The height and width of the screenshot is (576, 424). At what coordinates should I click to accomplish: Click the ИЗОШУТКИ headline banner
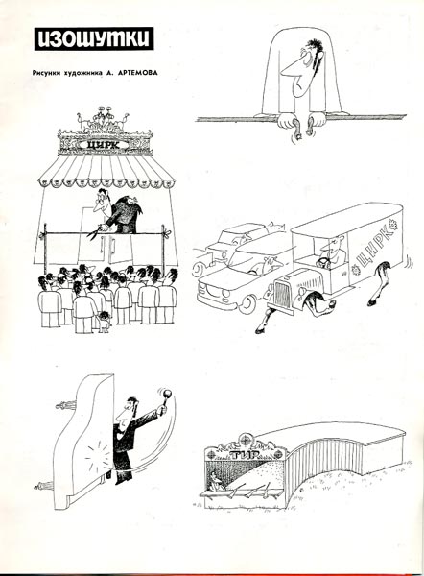(94, 38)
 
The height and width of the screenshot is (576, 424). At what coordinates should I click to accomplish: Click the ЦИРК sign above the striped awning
(104, 145)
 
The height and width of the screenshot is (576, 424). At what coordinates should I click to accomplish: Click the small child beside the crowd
(104, 321)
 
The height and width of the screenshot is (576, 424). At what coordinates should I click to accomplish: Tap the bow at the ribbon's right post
(167, 231)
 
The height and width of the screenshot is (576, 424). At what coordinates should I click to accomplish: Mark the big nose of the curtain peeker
(290, 69)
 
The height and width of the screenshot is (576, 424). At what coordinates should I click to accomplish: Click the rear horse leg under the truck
(380, 282)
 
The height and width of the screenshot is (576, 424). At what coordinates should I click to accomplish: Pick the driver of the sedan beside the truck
(270, 265)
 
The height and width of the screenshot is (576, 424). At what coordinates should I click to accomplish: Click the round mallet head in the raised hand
(166, 395)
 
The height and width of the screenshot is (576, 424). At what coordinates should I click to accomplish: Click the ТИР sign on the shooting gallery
(244, 455)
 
